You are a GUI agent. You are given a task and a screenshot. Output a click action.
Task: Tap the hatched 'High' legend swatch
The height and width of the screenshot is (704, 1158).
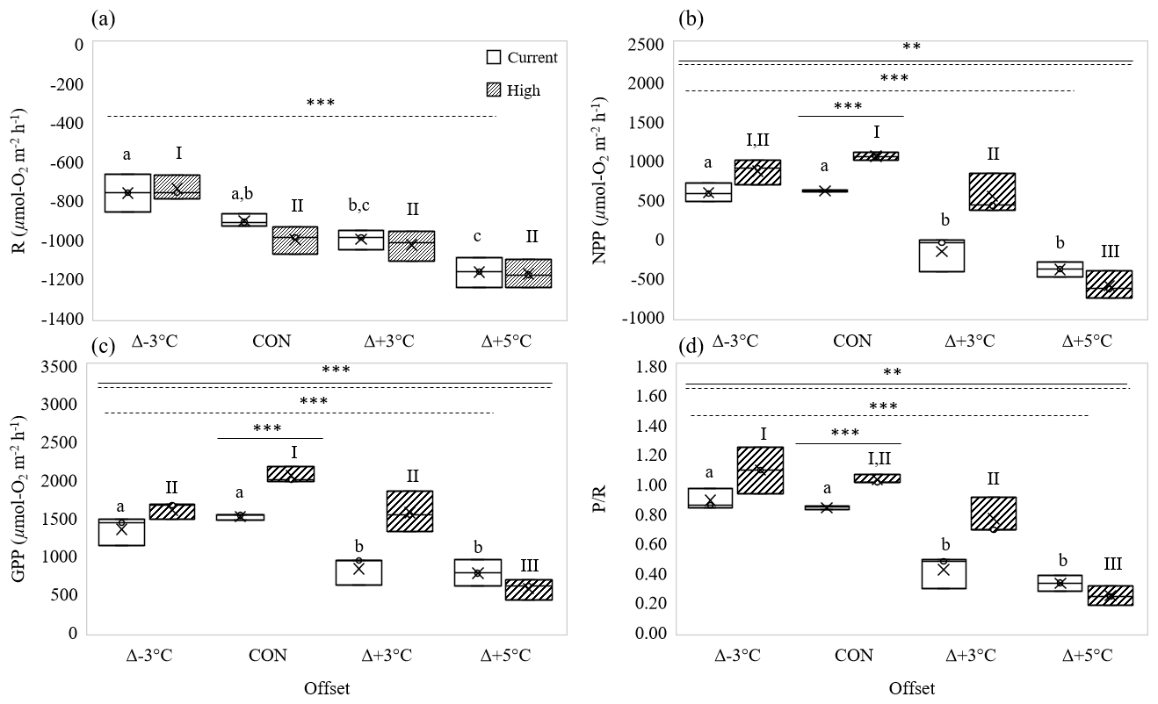[x=494, y=90]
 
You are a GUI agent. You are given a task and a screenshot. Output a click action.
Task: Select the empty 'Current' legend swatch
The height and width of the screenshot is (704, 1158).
[x=494, y=57]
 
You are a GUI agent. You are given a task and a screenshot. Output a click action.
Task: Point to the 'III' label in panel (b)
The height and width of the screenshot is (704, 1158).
[x=1110, y=252]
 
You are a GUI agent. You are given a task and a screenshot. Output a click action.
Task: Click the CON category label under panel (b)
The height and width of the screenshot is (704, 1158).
[x=853, y=341]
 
